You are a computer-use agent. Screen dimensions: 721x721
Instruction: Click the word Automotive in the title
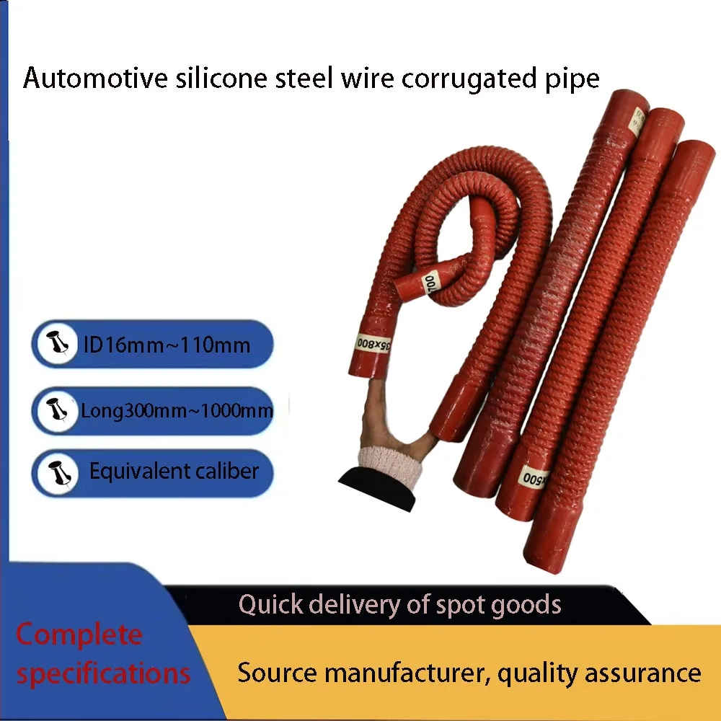click(86, 78)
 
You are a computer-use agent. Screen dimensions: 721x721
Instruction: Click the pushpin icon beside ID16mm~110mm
click(56, 345)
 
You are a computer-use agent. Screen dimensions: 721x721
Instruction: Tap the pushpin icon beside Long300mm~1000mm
click(56, 411)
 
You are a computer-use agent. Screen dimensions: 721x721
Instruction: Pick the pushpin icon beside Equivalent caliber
click(56, 473)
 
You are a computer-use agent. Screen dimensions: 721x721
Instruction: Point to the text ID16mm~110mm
click(167, 345)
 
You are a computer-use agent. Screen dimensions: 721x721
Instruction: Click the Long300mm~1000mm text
click(177, 412)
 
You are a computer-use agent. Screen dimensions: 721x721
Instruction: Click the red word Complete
click(79, 634)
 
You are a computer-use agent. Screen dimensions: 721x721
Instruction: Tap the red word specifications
click(103, 674)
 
